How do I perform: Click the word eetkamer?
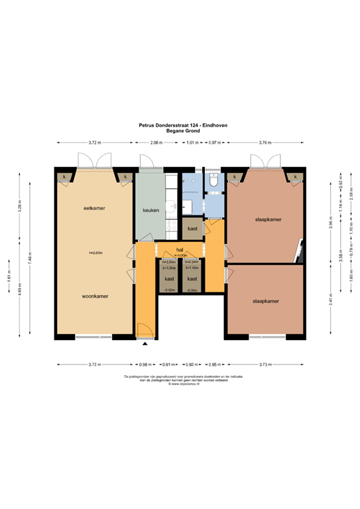[95, 209]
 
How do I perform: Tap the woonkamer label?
[95, 296]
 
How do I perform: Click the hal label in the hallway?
[179, 250]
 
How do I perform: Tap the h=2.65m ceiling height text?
[95, 253]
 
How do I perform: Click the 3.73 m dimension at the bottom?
[264, 364]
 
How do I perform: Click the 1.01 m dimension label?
[192, 142]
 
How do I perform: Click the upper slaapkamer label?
[267, 219]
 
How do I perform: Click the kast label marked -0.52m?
[169, 279]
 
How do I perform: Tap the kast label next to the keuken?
[192, 229]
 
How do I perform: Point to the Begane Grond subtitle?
[179, 131]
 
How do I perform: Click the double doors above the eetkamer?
[95, 160]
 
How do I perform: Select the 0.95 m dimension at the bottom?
[214, 364]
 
